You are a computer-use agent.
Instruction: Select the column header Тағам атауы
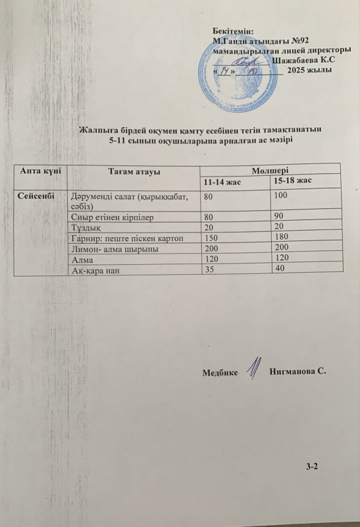click(x=134, y=171)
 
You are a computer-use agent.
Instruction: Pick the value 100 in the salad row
click(x=281, y=196)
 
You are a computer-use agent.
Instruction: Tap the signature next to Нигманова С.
click(x=252, y=369)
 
